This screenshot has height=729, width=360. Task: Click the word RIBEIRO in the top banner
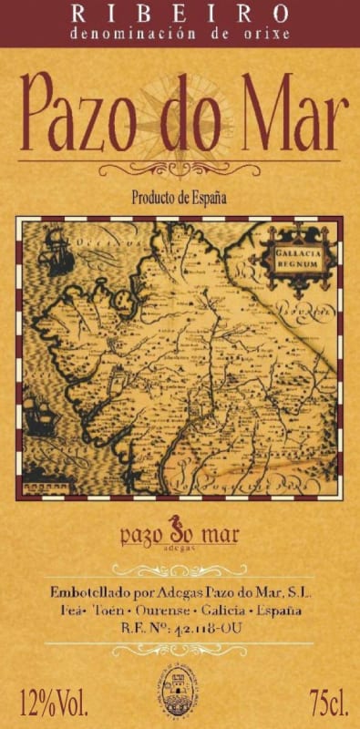(180, 13)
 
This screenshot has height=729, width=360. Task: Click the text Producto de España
(179, 198)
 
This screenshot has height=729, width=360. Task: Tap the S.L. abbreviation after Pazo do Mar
(296, 592)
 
